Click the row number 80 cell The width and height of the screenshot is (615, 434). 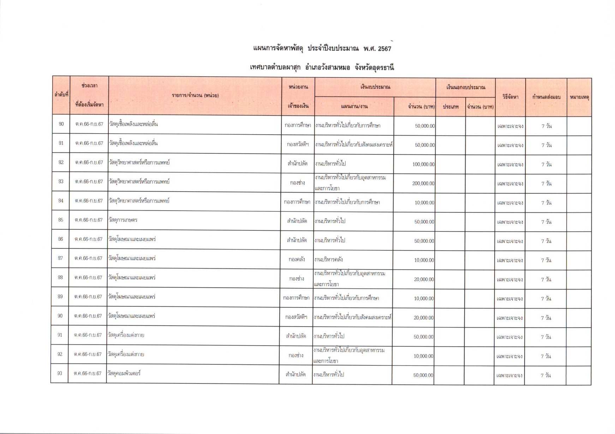coord(61,124)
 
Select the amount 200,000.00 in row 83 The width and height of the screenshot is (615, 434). coord(423,183)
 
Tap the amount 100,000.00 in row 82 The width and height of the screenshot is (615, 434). coord(424,164)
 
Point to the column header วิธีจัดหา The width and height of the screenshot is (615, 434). coord(510,97)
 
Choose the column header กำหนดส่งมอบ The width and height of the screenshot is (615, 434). coord(546,97)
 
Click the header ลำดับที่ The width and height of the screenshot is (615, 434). coord(61,95)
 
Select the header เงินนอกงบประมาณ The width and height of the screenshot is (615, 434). coord(465,87)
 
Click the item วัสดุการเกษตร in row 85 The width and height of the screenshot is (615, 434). coord(123,220)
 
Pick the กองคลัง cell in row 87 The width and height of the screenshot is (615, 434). coord(297,259)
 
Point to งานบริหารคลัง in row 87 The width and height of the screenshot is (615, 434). coord(328,259)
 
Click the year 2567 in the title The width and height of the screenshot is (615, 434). coord(384,49)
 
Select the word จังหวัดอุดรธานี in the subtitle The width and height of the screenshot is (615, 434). coord(375,68)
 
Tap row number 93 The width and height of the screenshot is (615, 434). coord(60,373)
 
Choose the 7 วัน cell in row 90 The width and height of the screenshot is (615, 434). coord(546,318)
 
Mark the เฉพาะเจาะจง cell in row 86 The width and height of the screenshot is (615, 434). coord(510,241)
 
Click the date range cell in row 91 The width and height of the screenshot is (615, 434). coord(88,335)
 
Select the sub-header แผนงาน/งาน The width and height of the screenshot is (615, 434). coord(354,106)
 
